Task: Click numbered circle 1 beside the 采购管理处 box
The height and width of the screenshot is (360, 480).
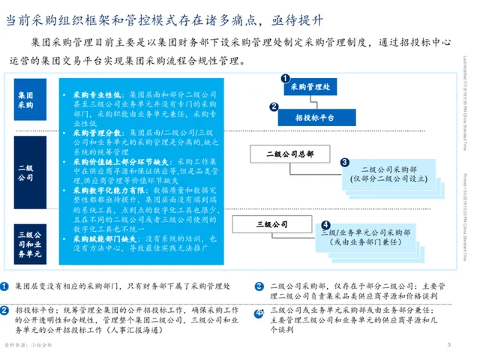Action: tap(284, 77)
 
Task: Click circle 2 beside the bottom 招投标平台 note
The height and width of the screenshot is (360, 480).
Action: tap(6, 310)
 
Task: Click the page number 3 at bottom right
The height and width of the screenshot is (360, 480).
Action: tap(448, 344)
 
